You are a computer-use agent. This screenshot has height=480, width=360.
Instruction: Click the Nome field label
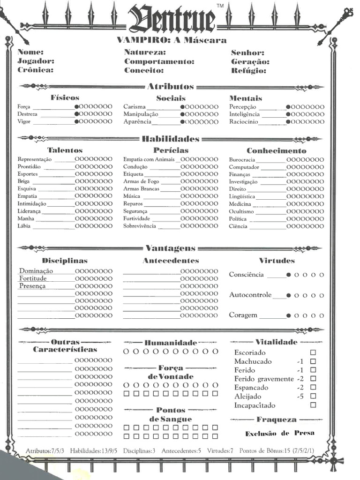click(30, 52)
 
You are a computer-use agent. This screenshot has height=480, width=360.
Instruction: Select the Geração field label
click(250, 61)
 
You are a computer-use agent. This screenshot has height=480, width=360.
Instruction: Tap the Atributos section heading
click(171, 86)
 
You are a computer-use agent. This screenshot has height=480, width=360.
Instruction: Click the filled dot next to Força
click(77, 107)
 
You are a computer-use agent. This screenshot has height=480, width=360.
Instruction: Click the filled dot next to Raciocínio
click(288, 122)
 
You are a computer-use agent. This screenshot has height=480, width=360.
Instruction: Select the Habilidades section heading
click(171, 139)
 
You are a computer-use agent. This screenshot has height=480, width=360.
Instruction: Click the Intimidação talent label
click(32, 203)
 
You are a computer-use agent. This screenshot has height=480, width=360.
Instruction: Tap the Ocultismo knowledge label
click(241, 211)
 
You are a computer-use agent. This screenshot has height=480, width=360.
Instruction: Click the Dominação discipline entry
click(36, 271)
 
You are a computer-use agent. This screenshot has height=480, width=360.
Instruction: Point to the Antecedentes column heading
click(171, 261)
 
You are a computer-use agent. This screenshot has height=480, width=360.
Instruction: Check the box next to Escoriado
click(313, 352)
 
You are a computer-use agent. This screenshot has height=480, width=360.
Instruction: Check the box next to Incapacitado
click(313, 405)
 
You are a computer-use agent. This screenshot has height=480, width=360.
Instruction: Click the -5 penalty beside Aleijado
click(300, 397)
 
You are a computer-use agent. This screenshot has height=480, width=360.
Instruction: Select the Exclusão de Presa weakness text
click(279, 434)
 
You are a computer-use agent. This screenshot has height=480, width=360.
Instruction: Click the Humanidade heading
click(171, 343)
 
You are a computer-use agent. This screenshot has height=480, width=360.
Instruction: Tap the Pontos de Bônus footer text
click(277, 450)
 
